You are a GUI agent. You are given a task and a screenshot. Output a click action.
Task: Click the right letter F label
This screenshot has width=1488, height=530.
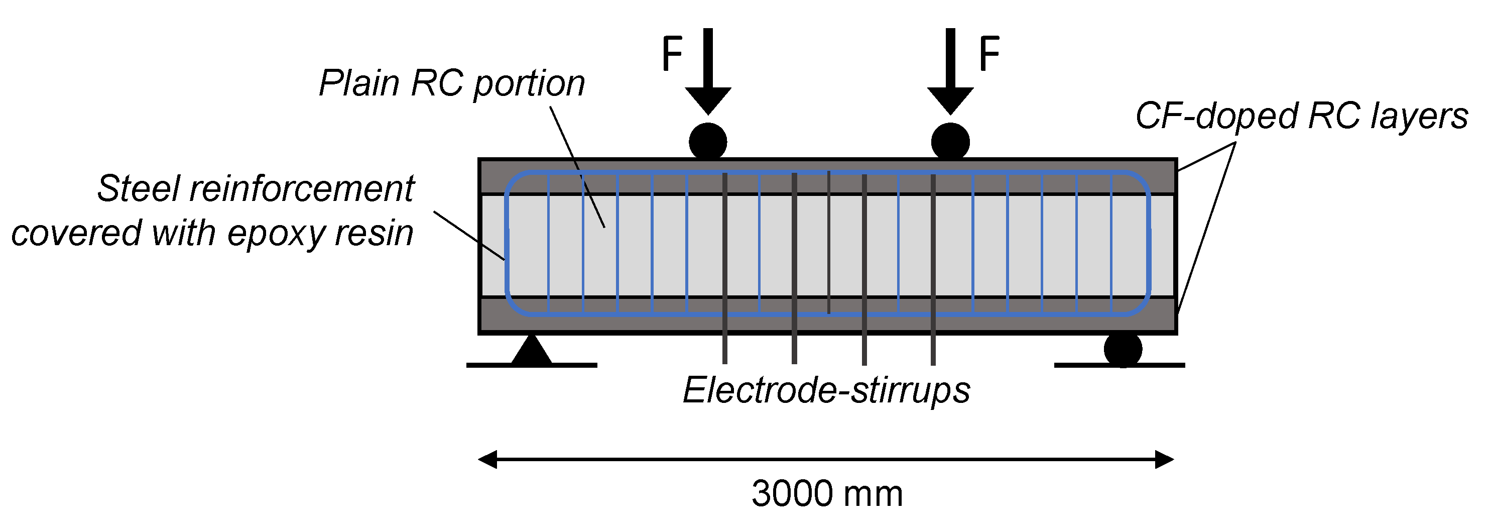pyautogui.click(x=989, y=53)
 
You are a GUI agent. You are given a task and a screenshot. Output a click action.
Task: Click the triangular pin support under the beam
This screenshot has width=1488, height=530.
pyautogui.click(x=532, y=351)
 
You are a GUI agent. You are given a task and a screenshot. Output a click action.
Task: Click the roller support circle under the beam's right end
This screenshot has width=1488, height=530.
pyautogui.click(x=1123, y=349)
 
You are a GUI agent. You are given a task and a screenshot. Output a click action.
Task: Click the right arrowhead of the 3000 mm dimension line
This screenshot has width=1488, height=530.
pyautogui.click(x=1165, y=460)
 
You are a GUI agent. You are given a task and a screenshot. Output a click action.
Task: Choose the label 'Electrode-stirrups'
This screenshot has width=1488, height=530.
pyautogui.click(x=826, y=391)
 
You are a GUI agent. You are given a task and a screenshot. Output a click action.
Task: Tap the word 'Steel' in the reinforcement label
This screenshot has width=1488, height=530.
pyautogui.click(x=138, y=188)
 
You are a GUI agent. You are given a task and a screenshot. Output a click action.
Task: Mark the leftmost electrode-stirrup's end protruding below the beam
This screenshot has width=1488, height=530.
pyautogui.click(x=725, y=350)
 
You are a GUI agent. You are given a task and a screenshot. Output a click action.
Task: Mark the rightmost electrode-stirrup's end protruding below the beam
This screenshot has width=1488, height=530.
pyautogui.click(x=933, y=350)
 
